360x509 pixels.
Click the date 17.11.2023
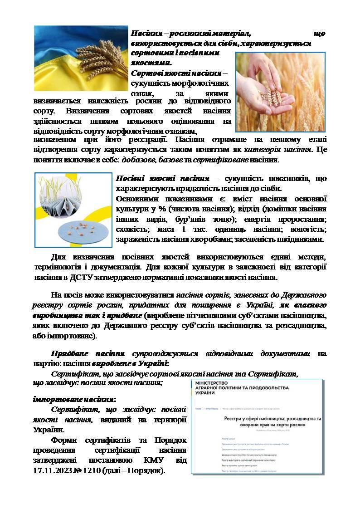coord(53,470)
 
